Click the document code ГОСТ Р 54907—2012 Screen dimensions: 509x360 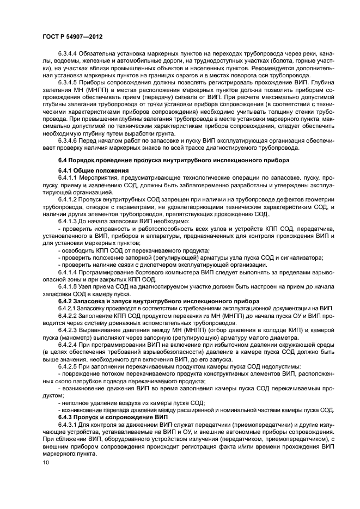(72, 36)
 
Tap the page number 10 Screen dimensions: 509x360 (45, 463)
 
